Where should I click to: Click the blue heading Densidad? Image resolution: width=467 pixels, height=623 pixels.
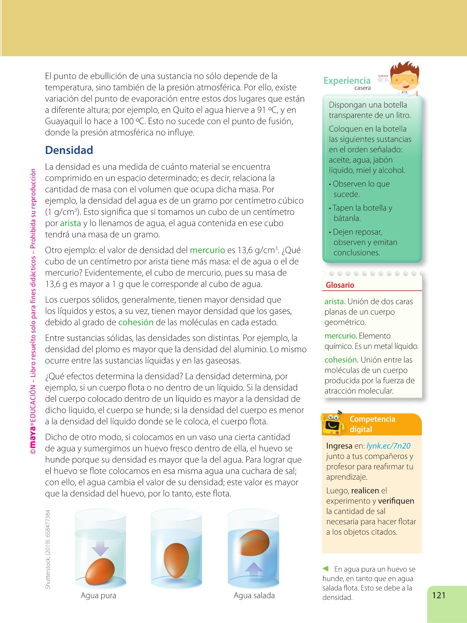(69, 150)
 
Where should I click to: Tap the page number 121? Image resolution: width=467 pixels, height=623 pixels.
(439, 595)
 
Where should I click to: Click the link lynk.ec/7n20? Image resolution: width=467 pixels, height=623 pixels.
(388, 446)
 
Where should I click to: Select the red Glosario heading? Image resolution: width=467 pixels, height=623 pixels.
(340, 285)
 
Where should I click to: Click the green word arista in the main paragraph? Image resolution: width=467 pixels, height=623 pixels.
(70, 223)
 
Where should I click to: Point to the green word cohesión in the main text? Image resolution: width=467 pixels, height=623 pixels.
(136, 322)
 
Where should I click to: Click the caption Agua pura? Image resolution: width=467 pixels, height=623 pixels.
(98, 596)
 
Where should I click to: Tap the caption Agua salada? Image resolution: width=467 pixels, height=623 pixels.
(254, 596)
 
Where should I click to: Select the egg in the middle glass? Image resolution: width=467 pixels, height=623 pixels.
(176, 558)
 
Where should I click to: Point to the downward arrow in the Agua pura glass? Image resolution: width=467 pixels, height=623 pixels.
(100, 548)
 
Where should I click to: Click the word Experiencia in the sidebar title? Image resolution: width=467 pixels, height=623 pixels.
(347, 81)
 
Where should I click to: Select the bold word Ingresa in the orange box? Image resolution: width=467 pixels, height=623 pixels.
(339, 446)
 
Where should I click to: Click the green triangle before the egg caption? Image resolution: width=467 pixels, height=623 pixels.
(325, 568)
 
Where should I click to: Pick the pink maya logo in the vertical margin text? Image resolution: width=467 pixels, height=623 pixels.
(33, 440)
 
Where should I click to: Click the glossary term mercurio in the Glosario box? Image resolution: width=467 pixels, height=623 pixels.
(340, 336)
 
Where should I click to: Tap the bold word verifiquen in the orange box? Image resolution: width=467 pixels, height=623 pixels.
(396, 501)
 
